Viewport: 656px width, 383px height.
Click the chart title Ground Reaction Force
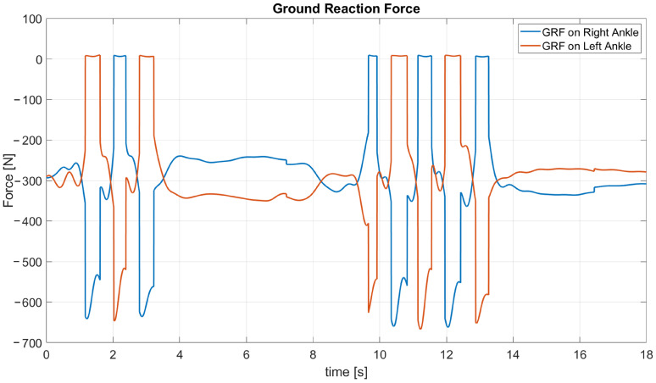click(346, 8)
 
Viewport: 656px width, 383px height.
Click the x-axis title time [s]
click(346, 373)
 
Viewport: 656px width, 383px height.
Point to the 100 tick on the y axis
click(31, 19)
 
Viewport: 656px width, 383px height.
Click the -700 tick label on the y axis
click(27, 342)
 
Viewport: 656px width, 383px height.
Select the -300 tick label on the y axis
click(27, 180)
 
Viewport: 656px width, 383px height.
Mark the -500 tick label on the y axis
click(27, 262)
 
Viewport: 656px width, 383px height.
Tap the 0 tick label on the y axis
click(37, 59)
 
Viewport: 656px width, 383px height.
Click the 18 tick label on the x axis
click(646, 355)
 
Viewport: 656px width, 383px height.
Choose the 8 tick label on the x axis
click(313, 355)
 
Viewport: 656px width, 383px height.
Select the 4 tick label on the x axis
click(180, 355)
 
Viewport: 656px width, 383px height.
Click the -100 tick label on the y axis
click(27, 100)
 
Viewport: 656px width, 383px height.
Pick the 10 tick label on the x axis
click(379, 355)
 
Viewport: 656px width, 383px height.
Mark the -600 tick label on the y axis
click(27, 303)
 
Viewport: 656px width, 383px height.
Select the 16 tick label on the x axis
click(579, 355)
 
